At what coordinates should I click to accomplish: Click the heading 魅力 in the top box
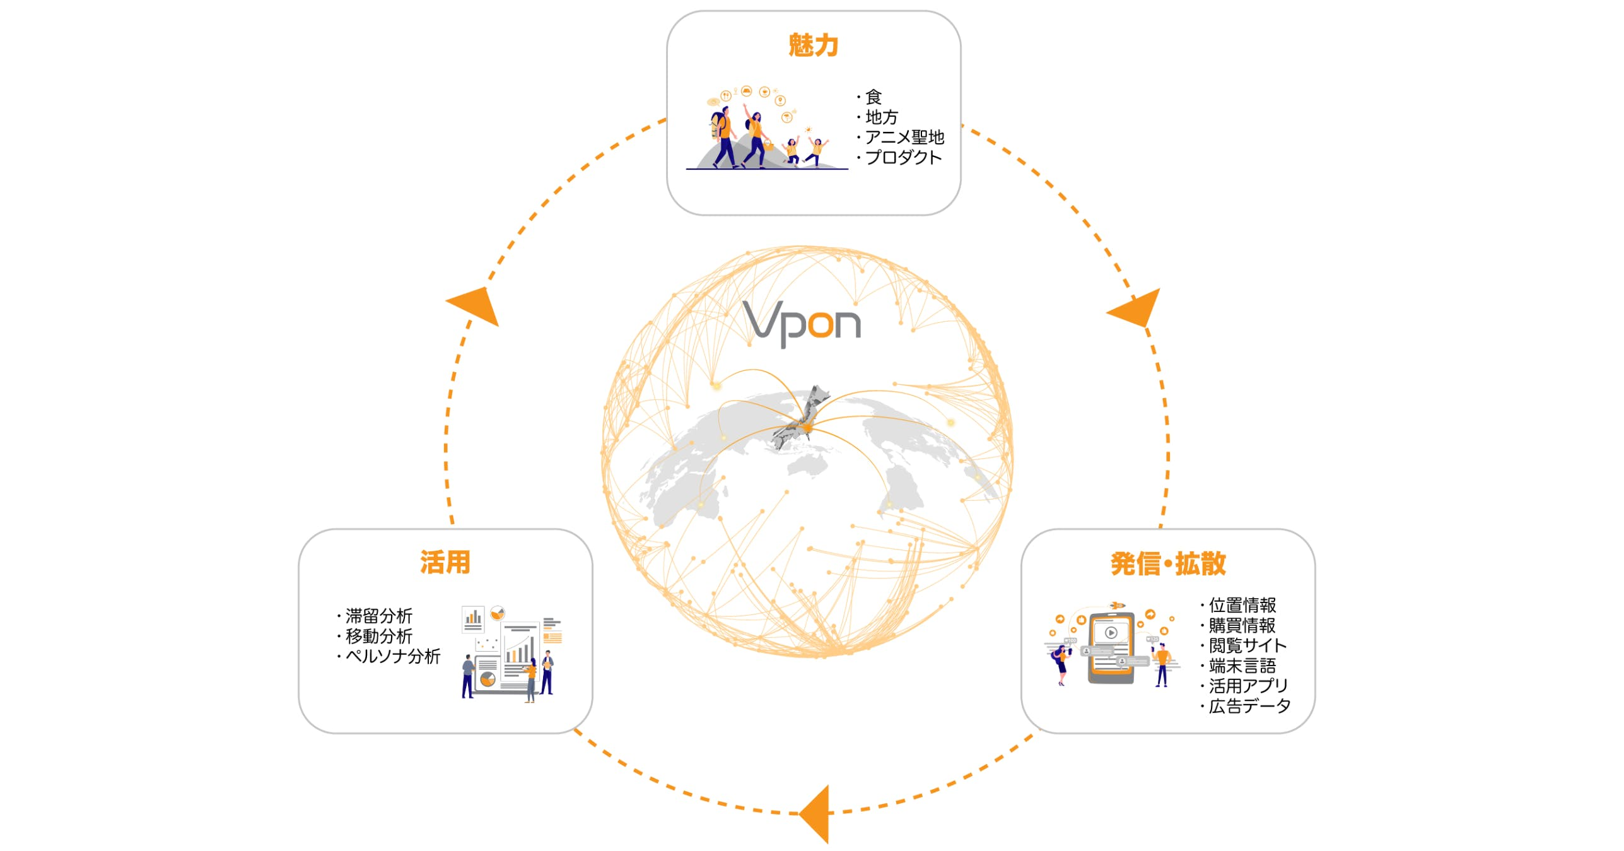point(813,45)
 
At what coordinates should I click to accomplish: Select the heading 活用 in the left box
point(445,562)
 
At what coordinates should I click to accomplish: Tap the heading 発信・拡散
point(1168,563)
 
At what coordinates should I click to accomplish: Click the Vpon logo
point(802,323)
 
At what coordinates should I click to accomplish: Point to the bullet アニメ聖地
point(903,137)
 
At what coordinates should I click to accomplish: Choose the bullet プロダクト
point(903,157)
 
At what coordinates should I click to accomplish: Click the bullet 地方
point(881,117)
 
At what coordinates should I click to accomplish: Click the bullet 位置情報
point(1242,605)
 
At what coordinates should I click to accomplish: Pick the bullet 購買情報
point(1242,625)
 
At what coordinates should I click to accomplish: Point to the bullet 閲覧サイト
point(1247,645)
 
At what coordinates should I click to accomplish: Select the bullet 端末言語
point(1242,666)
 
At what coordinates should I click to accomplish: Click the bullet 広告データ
point(1249,706)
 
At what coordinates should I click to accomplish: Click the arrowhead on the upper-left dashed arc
point(475,304)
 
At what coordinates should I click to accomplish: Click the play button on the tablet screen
point(1111,632)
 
